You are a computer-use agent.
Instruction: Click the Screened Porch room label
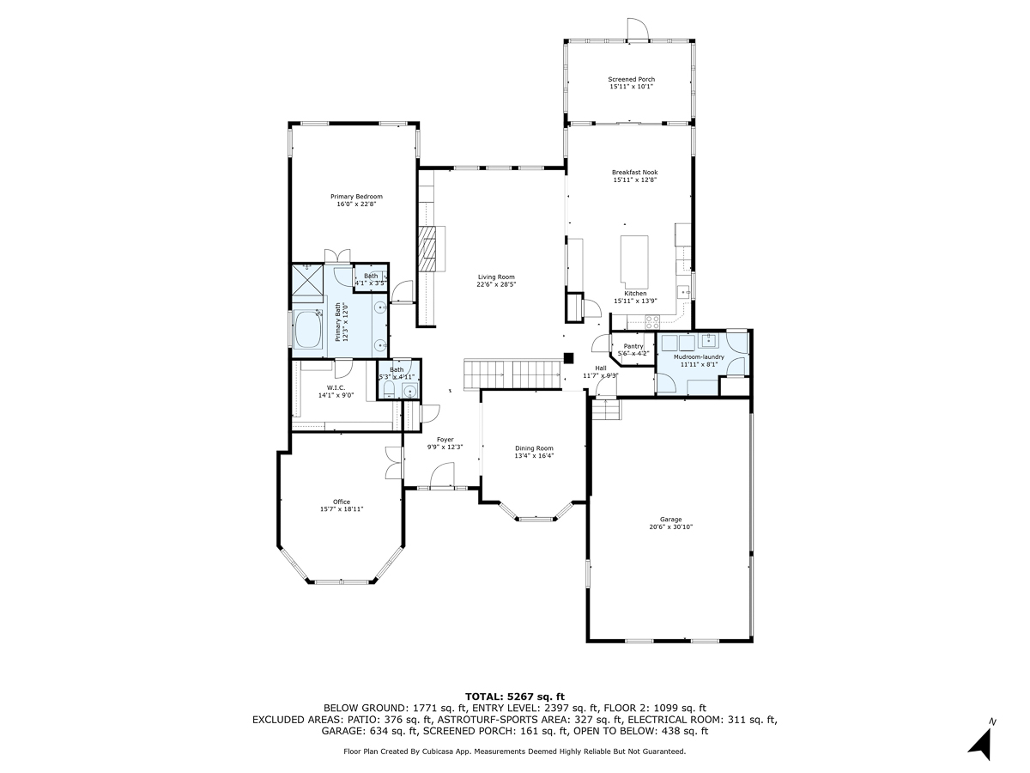[x=631, y=79]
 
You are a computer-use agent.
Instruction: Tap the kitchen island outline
[x=635, y=263]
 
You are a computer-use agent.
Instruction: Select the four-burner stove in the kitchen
[x=652, y=323]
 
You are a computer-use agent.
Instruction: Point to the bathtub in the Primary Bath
[x=306, y=330]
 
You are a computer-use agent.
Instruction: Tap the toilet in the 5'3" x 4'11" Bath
[x=387, y=392]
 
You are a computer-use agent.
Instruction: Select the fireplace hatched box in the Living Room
[x=427, y=249]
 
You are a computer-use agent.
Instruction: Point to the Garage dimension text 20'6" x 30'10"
[x=670, y=527]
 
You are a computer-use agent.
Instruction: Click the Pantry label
[x=633, y=346]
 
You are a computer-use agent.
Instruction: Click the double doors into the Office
[x=394, y=464]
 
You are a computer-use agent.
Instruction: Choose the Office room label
[x=342, y=502]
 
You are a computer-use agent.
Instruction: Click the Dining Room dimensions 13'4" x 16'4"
[x=534, y=456]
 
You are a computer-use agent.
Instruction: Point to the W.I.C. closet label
[x=312, y=387]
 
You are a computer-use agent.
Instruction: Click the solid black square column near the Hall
[x=567, y=359]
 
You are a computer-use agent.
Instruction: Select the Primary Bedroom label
[x=356, y=197]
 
